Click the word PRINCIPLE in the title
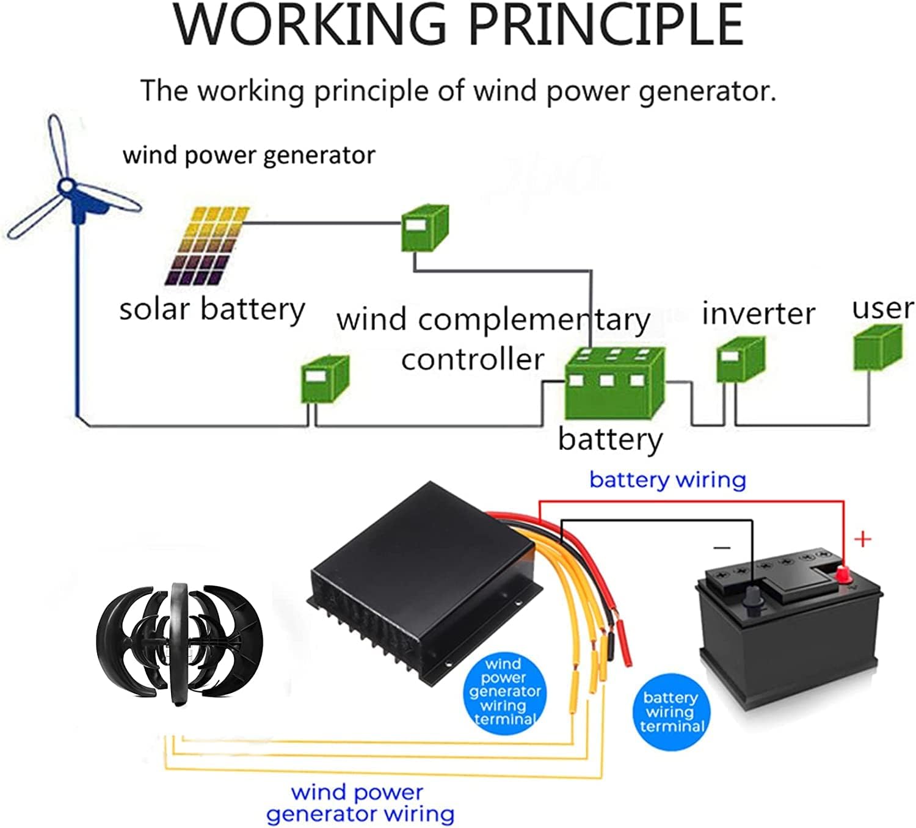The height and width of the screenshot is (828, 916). pyautogui.click(x=606, y=26)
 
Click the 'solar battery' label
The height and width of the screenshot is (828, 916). pyautogui.click(x=211, y=310)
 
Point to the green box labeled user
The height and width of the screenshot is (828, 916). pyautogui.click(x=877, y=348)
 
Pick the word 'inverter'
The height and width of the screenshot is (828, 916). pyautogui.click(x=758, y=314)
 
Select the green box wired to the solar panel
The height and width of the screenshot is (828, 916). pyautogui.click(x=424, y=228)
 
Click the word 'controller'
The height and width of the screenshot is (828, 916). pyautogui.click(x=472, y=359)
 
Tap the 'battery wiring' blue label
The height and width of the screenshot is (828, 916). pyautogui.click(x=667, y=480)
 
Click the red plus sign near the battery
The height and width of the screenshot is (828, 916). pyautogui.click(x=862, y=539)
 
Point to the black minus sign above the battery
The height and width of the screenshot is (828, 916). pyautogui.click(x=722, y=547)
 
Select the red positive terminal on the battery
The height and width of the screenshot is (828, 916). pyautogui.click(x=843, y=574)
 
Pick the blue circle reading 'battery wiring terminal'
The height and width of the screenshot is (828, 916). pyautogui.click(x=671, y=711)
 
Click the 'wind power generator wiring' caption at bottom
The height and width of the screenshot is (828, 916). pyautogui.click(x=360, y=803)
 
